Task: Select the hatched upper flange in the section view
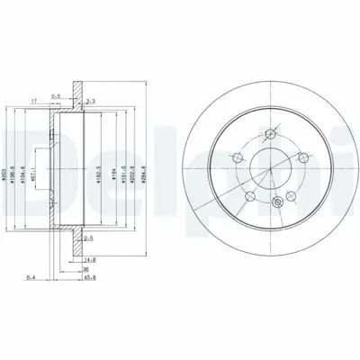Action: [79, 93]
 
